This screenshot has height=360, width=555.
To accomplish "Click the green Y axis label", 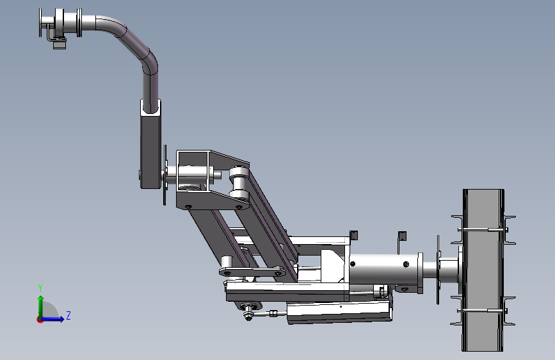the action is (40, 288).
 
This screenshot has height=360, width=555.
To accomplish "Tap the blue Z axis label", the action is (68, 315).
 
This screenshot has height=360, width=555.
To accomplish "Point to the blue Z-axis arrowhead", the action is (61, 319).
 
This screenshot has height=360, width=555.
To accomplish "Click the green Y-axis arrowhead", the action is (41, 299).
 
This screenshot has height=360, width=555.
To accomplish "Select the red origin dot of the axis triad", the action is (40, 320).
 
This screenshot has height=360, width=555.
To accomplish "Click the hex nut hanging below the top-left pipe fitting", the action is (60, 45).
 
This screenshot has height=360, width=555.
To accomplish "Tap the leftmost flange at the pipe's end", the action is (40, 22).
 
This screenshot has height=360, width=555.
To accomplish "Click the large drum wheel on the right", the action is (483, 270).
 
